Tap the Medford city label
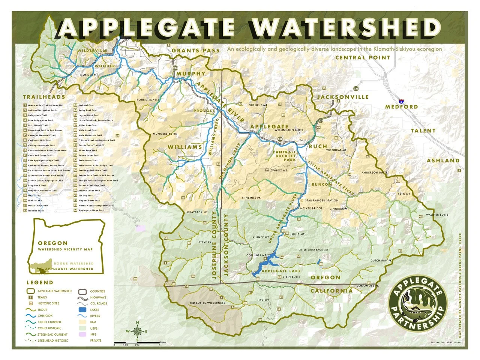coord(401,107)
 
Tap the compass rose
coord(137,331)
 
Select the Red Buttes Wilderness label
coord(207,303)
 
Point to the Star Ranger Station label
coord(321,201)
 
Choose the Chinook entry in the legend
coord(45,316)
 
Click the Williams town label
coord(185,147)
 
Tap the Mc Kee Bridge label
coord(311,208)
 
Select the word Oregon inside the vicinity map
coord(52,243)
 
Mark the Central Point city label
coord(362,57)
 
